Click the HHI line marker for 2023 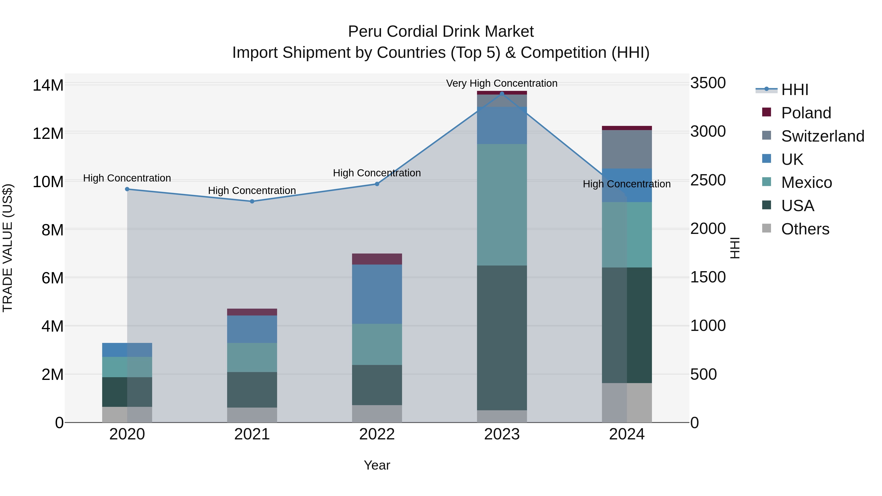pyautogui.click(x=502, y=94)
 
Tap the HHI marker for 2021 pyautogui.click(x=252, y=201)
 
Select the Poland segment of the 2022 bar pyautogui.click(x=377, y=259)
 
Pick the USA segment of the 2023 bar pyautogui.click(x=502, y=338)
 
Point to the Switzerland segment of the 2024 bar pyautogui.click(x=627, y=149)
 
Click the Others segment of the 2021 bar pyautogui.click(x=252, y=415)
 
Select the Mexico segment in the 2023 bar pyautogui.click(x=502, y=205)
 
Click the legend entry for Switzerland pyautogui.click(x=822, y=136)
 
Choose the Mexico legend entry pyautogui.click(x=806, y=182)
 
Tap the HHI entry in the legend pyautogui.click(x=794, y=90)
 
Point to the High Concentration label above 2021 pyautogui.click(x=252, y=190)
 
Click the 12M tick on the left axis pyautogui.click(x=48, y=133)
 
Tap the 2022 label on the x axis pyautogui.click(x=377, y=434)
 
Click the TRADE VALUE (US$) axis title pyautogui.click(x=8, y=248)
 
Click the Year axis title pyautogui.click(x=377, y=465)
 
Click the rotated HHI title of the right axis pyautogui.click(x=735, y=248)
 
